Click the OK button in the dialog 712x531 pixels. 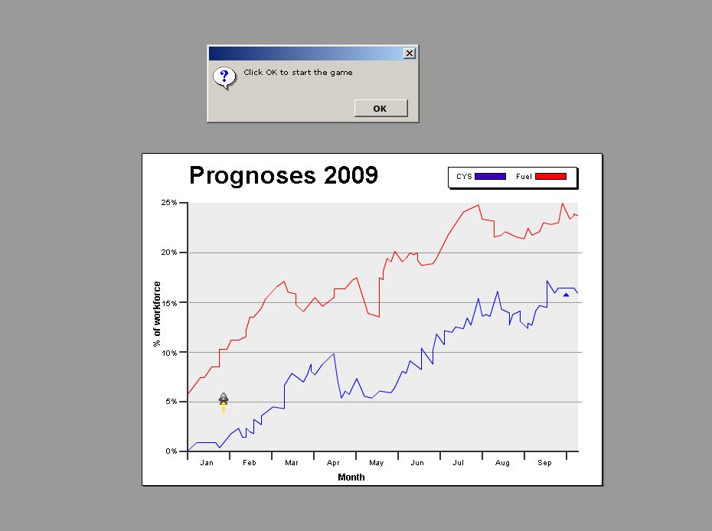(x=380, y=108)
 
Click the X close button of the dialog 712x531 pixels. (x=410, y=53)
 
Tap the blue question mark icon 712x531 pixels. (x=224, y=77)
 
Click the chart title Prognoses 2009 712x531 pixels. (x=283, y=175)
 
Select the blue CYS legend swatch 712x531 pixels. (x=490, y=177)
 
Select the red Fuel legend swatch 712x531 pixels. (x=550, y=177)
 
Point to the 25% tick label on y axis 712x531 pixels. (x=168, y=203)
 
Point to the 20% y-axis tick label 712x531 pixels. (x=168, y=252)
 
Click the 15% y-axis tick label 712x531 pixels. (x=168, y=302)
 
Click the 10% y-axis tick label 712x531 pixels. (x=168, y=352)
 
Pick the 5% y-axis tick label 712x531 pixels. (x=170, y=402)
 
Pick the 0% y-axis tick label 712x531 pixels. (x=170, y=451)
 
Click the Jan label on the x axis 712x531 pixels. (x=207, y=463)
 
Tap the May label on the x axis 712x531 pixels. (x=376, y=463)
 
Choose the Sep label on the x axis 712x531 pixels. (x=544, y=463)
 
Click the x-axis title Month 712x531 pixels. (x=351, y=477)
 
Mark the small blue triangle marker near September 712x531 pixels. (x=566, y=295)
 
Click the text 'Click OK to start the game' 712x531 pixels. (x=298, y=73)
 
